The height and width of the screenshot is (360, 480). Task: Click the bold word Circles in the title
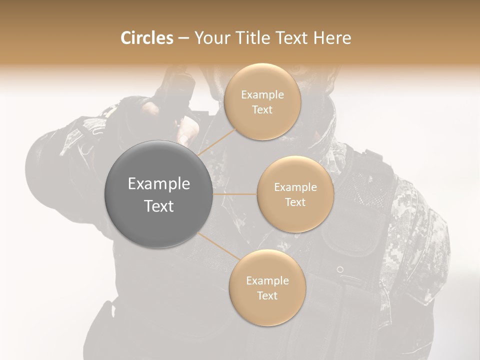[146, 38]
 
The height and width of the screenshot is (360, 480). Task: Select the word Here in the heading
[332, 38]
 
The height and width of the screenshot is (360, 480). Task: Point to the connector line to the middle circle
[235, 194]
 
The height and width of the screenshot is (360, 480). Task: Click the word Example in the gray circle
[158, 184]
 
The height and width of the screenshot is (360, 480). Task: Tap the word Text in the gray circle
[158, 206]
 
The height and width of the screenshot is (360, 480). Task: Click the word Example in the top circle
[262, 95]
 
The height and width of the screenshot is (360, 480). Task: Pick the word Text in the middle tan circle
[295, 202]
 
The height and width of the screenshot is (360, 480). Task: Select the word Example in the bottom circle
[267, 281]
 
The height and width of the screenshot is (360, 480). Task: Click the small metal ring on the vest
[340, 269]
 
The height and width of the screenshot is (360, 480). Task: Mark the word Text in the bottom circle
[267, 296]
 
